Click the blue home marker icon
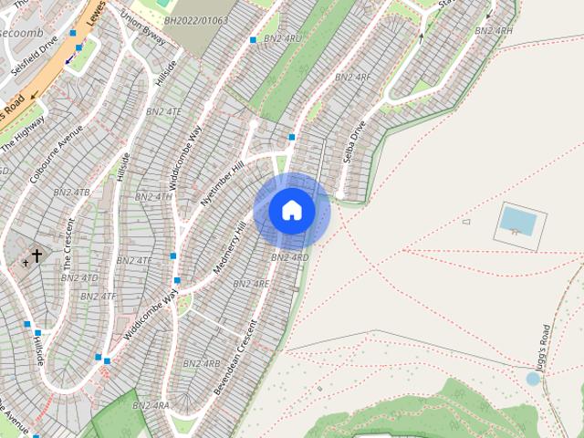coord(292,211)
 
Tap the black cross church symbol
coord(37,256)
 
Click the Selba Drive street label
coord(354,141)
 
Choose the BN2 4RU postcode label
coord(282,39)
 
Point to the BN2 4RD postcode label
coord(289,258)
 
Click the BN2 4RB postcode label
coord(201,363)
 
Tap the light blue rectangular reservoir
coord(518,220)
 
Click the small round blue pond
coord(533,379)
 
